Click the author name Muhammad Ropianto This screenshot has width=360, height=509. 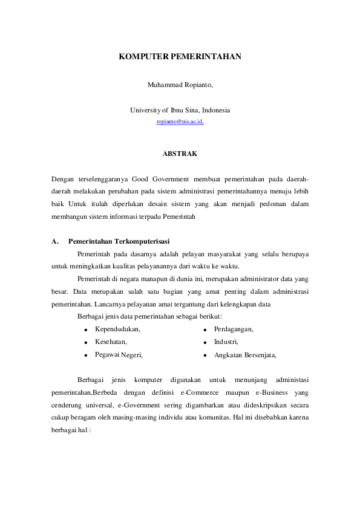(180, 85)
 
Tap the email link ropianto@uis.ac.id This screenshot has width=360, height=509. (180, 122)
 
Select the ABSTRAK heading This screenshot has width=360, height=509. (180, 154)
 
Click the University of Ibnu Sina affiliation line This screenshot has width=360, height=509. (180, 110)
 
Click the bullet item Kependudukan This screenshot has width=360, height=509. (117, 329)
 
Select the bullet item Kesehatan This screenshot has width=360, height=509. (111, 342)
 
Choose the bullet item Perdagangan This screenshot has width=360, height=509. (234, 329)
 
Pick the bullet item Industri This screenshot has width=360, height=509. (226, 342)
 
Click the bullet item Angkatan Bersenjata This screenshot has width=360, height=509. (245, 355)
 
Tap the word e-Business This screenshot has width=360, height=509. (263, 392)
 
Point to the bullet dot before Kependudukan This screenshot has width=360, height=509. (87, 329)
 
